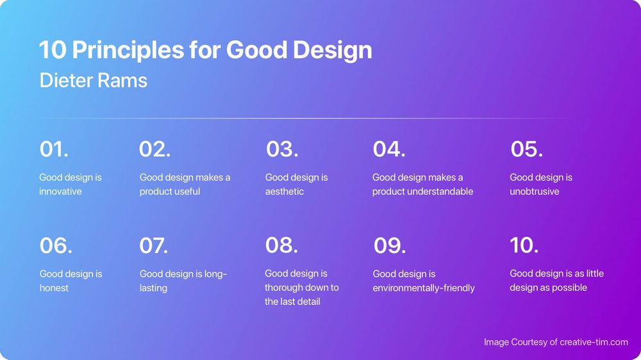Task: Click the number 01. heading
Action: (54, 149)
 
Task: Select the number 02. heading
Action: (154, 149)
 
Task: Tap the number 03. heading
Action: (282, 149)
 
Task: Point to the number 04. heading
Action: (389, 149)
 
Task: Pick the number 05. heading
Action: (526, 149)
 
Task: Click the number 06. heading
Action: (56, 245)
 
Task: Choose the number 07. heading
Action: (153, 245)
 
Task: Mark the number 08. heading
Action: (281, 245)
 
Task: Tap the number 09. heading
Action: (390, 245)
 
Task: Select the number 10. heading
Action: (524, 245)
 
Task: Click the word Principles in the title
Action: (128, 50)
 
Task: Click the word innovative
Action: (60, 192)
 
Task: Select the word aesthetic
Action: (285, 192)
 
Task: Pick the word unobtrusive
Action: (535, 192)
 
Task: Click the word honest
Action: (54, 288)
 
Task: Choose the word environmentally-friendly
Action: (424, 288)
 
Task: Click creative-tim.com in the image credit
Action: (594, 342)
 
